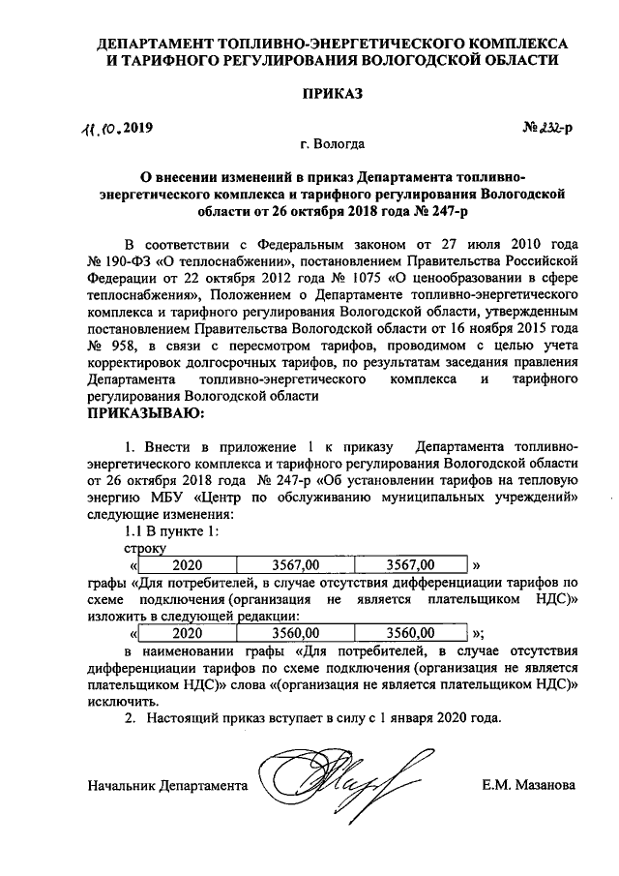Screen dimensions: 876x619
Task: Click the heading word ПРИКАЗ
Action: tap(332, 94)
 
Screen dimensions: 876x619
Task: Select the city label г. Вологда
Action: tap(332, 145)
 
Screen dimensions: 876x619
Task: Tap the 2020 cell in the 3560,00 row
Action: tap(187, 632)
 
